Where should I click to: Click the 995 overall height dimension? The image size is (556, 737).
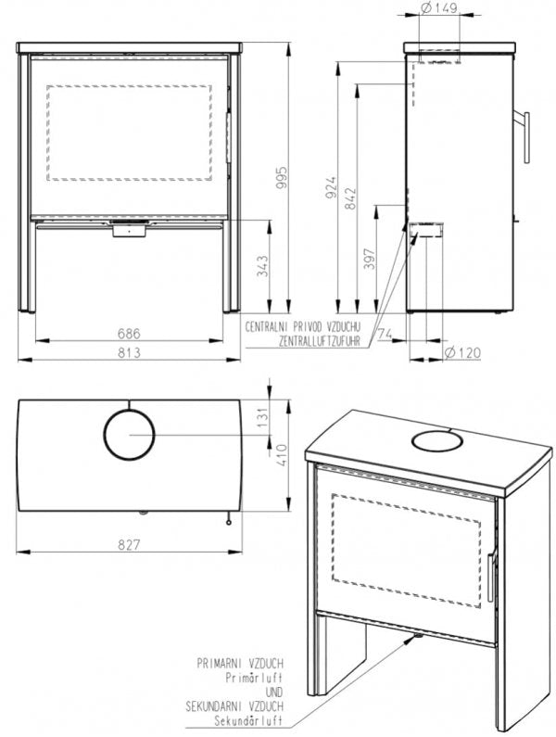pyautogui.click(x=281, y=177)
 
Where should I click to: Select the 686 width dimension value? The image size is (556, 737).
pyautogui.click(x=129, y=333)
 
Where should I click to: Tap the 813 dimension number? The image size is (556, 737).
pyautogui.click(x=129, y=352)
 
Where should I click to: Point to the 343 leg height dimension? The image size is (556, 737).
pyautogui.click(x=263, y=265)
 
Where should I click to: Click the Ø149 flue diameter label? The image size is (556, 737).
pyautogui.click(x=439, y=8)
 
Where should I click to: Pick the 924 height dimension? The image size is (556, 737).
pyautogui.click(x=332, y=187)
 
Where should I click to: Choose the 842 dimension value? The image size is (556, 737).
pyautogui.click(x=350, y=198)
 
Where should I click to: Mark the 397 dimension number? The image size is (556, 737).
pyautogui.click(x=370, y=259)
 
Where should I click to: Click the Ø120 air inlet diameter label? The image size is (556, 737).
pyautogui.click(x=462, y=352)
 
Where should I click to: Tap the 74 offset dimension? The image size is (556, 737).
pyautogui.click(x=385, y=333)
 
